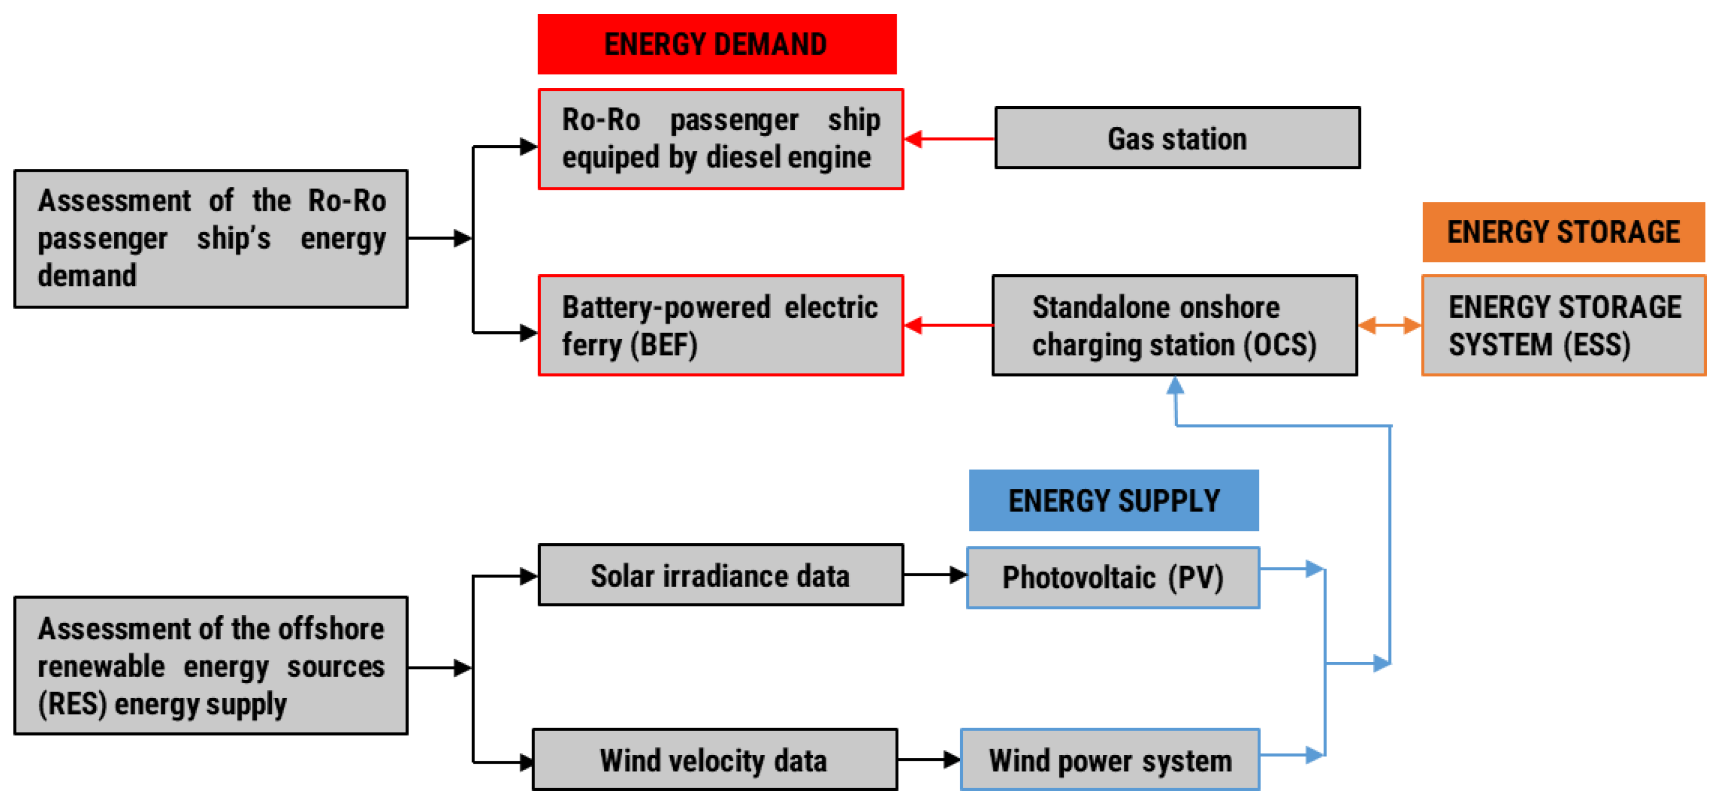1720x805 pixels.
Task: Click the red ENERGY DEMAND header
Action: click(716, 44)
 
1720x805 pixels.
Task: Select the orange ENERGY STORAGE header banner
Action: click(1563, 232)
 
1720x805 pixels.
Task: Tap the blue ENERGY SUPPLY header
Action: click(1113, 500)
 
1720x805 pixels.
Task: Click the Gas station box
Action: click(1177, 137)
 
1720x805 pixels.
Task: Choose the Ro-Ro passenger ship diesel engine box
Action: click(720, 139)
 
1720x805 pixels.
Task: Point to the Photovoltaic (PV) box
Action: click(1112, 577)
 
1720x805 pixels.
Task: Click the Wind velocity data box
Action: click(714, 760)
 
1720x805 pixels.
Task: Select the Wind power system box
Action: click(1110, 760)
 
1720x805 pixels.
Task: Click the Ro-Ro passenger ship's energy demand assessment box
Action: click(211, 238)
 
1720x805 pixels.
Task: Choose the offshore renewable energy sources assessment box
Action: click(211, 665)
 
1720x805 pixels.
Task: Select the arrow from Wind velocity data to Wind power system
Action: click(929, 759)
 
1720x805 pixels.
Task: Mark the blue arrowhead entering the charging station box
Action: click(1175, 386)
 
